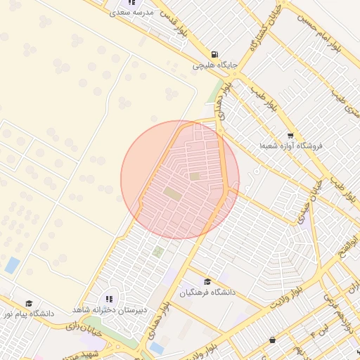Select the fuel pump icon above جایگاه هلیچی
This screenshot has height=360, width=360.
click(214, 54)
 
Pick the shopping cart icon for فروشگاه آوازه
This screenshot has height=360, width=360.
click(290, 135)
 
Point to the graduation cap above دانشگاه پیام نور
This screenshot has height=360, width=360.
click(27, 302)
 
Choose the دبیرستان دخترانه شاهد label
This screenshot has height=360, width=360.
click(108, 309)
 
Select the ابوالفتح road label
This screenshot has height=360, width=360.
click(344, 246)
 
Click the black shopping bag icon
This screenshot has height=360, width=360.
click(272, 340)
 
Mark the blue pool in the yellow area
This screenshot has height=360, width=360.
click(12, 265)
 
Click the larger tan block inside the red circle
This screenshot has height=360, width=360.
click(172, 192)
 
